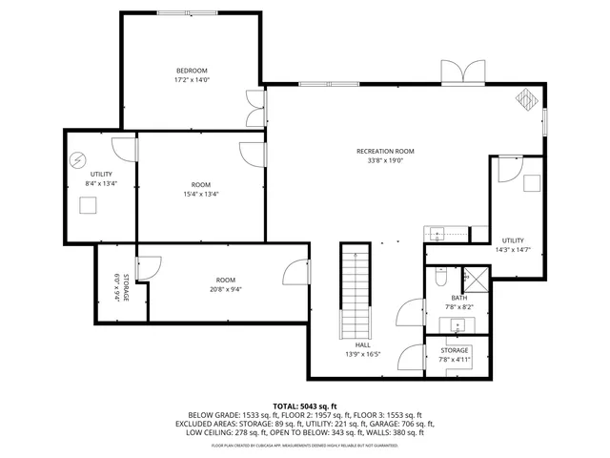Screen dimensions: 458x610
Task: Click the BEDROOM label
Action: click(191, 71)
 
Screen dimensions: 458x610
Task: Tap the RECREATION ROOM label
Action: click(385, 151)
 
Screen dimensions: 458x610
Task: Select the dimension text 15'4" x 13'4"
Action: click(200, 194)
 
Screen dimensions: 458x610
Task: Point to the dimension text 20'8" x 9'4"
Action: click(225, 290)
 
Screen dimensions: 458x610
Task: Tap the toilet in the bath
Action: click(441, 276)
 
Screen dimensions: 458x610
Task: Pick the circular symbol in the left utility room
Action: click(78, 159)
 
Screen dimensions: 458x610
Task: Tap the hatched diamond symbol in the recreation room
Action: click(526, 99)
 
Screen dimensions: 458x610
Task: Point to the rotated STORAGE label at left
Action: click(119, 287)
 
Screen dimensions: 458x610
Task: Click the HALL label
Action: click(362, 344)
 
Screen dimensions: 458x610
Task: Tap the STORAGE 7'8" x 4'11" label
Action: click(455, 355)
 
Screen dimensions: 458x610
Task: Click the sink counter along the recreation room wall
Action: click(444, 234)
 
